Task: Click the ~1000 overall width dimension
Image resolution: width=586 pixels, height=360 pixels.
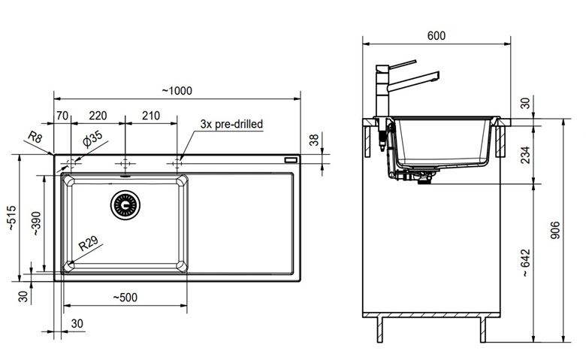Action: (x=177, y=91)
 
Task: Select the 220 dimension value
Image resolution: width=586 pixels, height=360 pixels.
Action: (x=98, y=116)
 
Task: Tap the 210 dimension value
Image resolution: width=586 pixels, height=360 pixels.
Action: (x=151, y=116)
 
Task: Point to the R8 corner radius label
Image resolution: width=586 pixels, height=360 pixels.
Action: (x=35, y=138)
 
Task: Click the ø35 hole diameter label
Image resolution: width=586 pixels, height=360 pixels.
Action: (x=92, y=139)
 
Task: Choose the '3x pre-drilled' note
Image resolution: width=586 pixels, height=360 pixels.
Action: (x=231, y=124)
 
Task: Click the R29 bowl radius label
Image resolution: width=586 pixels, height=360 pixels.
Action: (x=88, y=244)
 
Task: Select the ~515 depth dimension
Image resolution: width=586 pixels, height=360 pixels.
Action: (x=11, y=217)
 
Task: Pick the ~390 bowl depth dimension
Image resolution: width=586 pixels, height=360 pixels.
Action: (x=36, y=223)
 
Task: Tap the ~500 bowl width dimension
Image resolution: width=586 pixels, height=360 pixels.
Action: (x=125, y=298)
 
